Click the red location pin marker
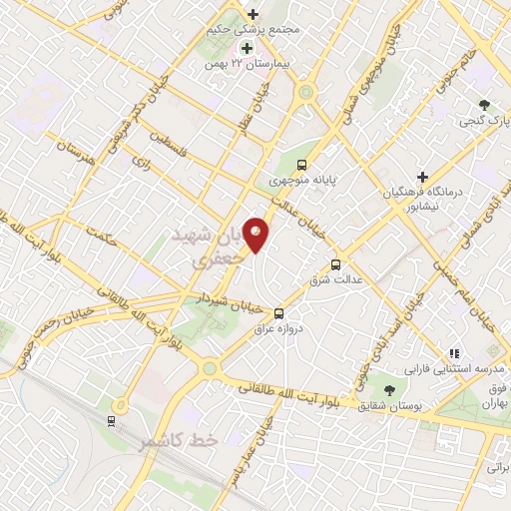tap(256, 233)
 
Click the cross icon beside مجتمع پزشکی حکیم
tap(252, 15)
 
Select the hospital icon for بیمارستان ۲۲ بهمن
tap(244, 48)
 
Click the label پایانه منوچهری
tap(307, 183)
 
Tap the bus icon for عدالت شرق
tap(335, 264)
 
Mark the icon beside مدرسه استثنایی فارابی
tap(454, 352)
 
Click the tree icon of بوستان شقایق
tap(389, 388)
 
